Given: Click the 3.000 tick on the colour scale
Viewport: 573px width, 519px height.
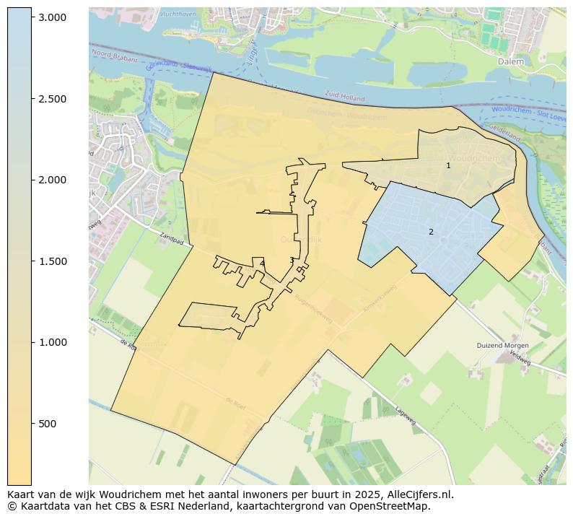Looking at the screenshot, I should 52,17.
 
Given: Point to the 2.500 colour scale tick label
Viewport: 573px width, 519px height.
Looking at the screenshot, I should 52,99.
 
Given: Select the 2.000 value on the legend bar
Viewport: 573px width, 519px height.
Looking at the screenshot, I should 52,180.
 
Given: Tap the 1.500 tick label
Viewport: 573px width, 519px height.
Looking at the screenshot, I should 52,261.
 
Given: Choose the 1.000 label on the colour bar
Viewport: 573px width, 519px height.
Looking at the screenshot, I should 52,342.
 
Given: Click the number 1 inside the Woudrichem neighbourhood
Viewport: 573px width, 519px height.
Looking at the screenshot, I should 448,165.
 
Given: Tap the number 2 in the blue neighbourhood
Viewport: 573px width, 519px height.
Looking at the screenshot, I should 431,232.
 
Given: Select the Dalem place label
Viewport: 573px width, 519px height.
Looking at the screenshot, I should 511,62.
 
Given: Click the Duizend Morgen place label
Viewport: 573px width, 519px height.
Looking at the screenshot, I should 502,346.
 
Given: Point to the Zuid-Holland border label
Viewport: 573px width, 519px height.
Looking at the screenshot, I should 344,95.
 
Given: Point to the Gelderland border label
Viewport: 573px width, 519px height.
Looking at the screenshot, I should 504,132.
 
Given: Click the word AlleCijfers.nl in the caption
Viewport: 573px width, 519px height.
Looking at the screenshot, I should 419,495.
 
